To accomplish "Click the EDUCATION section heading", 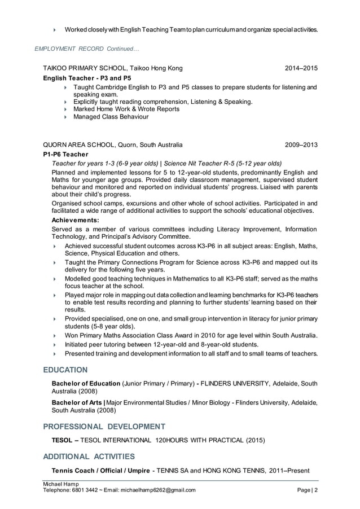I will tap(65, 370).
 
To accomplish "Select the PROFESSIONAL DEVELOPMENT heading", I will tap(104, 426).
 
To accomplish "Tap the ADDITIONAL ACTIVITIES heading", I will tap(89, 456).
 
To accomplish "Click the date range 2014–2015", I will tap(301, 68).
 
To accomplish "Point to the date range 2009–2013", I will tap(301, 144).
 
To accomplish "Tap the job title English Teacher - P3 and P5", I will tap(87, 78).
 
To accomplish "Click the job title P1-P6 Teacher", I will tap(65, 154).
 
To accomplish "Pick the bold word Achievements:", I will tap(75, 220).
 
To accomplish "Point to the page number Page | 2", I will tap(307, 490).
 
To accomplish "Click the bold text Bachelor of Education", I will tap(86, 384).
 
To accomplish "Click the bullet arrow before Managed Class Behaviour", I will tap(66, 117).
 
